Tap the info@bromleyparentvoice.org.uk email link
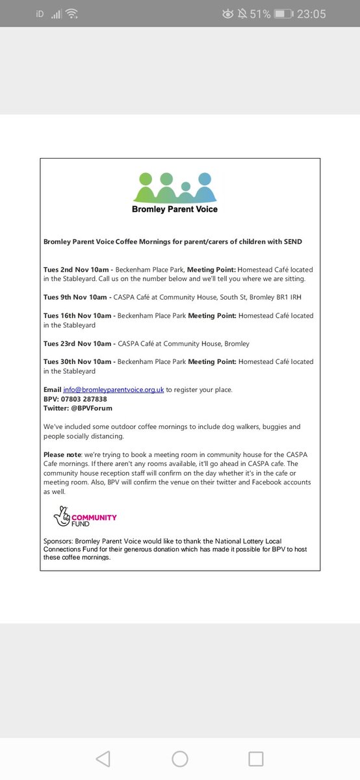(113, 390)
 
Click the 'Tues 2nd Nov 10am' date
(77, 269)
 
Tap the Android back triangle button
(103, 759)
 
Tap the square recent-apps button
(256, 759)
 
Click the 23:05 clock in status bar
(311, 14)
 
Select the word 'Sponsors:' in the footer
(58, 541)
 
